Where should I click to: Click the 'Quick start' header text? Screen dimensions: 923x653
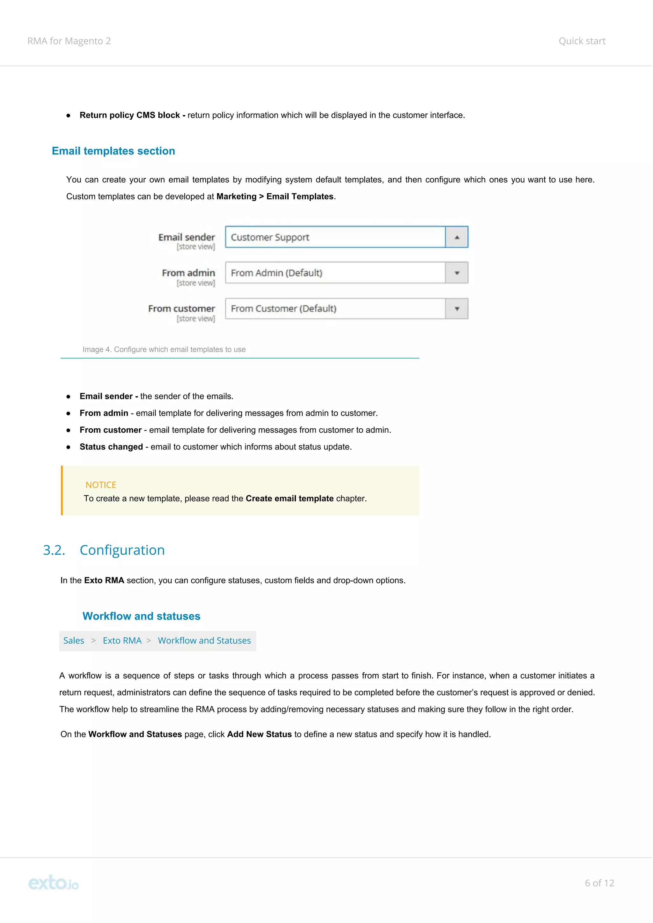pyautogui.click(x=582, y=41)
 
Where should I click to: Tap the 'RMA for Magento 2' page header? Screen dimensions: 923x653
pyautogui.click(x=69, y=41)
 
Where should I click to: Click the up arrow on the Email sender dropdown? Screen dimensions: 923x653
pyautogui.click(x=457, y=237)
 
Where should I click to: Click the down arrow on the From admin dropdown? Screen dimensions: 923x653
pyautogui.click(x=457, y=273)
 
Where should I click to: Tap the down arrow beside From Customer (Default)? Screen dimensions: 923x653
pyautogui.click(x=457, y=309)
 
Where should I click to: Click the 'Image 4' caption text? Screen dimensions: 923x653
pyautogui.click(x=164, y=349)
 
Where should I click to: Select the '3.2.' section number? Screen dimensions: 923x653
pyautogui.click(x=54, y=550)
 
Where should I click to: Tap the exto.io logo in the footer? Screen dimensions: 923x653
pyautogui.click(x=53, y=883)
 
